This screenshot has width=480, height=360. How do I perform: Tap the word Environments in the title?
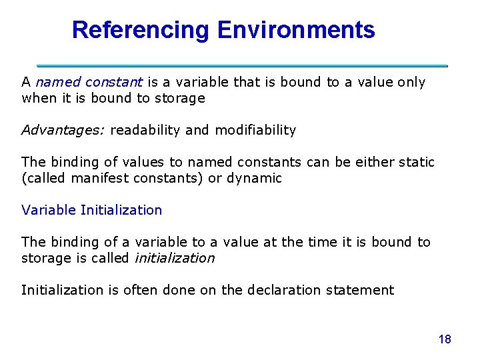point(295,30)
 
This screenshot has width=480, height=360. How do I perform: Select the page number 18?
point(445,339)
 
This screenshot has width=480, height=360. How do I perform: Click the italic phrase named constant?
point(89,82)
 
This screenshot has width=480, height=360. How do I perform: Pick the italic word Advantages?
point(63,130)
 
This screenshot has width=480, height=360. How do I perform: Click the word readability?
point(145,130)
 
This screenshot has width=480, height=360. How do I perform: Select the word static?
point(418,162)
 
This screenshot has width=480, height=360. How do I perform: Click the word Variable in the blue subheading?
point(48,210)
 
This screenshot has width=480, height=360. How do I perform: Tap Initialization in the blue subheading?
point(121,210)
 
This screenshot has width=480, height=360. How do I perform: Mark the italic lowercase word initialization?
point(175,258)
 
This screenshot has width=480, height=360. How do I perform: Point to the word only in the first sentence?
point(411,82)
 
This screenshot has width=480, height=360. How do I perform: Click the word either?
point(379,162)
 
